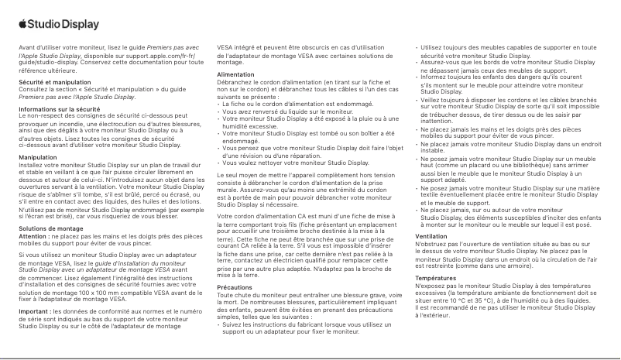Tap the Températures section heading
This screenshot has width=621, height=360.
(x=435, y=276)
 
